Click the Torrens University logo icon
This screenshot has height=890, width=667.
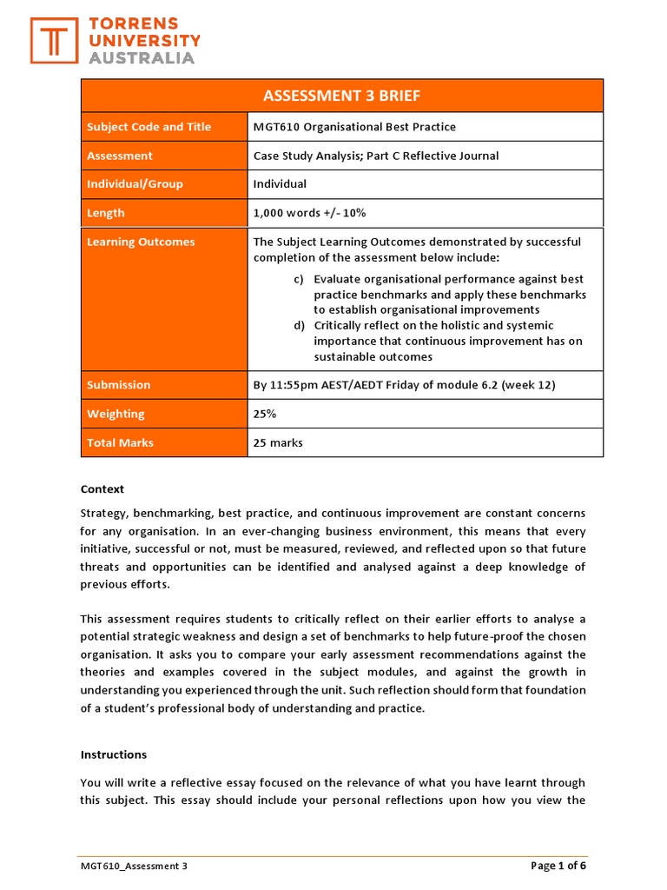(x=54, y=40)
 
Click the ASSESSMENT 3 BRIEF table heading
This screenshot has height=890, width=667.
(x=341, y=96)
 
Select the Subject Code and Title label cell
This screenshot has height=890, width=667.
(x=149, y=127)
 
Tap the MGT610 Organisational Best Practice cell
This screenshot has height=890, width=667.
(x=354, y=127)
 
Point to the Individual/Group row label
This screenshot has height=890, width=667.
(x=135, y=184)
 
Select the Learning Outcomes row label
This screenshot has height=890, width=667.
(x=141, y=242)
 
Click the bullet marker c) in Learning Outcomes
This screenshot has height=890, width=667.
(x=299, y=279)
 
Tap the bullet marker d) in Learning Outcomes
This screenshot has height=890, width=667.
(x=299, y=325)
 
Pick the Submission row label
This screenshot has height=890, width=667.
(x=118, y=385)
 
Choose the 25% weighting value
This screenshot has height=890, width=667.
(x=265, y=414)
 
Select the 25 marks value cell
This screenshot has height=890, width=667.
(x=278, y=442)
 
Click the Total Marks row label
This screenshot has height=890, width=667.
(x=120, y=442)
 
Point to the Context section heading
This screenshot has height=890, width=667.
(x=102, y=489)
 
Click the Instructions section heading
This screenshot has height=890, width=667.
(x=114, y=754)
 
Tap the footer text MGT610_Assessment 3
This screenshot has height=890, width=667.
(x=134, y=866)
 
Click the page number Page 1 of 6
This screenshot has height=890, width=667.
(x=558, y=866)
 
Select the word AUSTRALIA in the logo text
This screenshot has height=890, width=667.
(x=142, y=58)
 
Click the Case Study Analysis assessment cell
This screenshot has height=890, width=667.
(x=376, y=156)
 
